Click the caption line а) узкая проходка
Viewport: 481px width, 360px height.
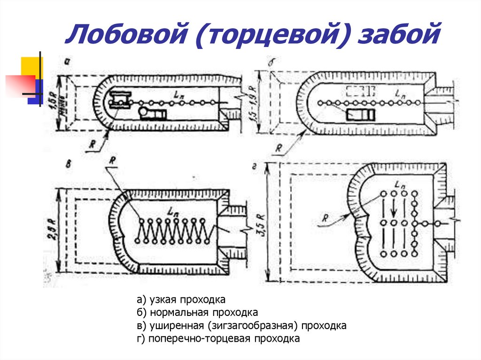click(181, 299)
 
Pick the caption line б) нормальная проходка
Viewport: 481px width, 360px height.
click(197, 313)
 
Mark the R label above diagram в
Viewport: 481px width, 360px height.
click(112, 160)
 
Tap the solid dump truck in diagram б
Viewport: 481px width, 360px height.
click(360, 115)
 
